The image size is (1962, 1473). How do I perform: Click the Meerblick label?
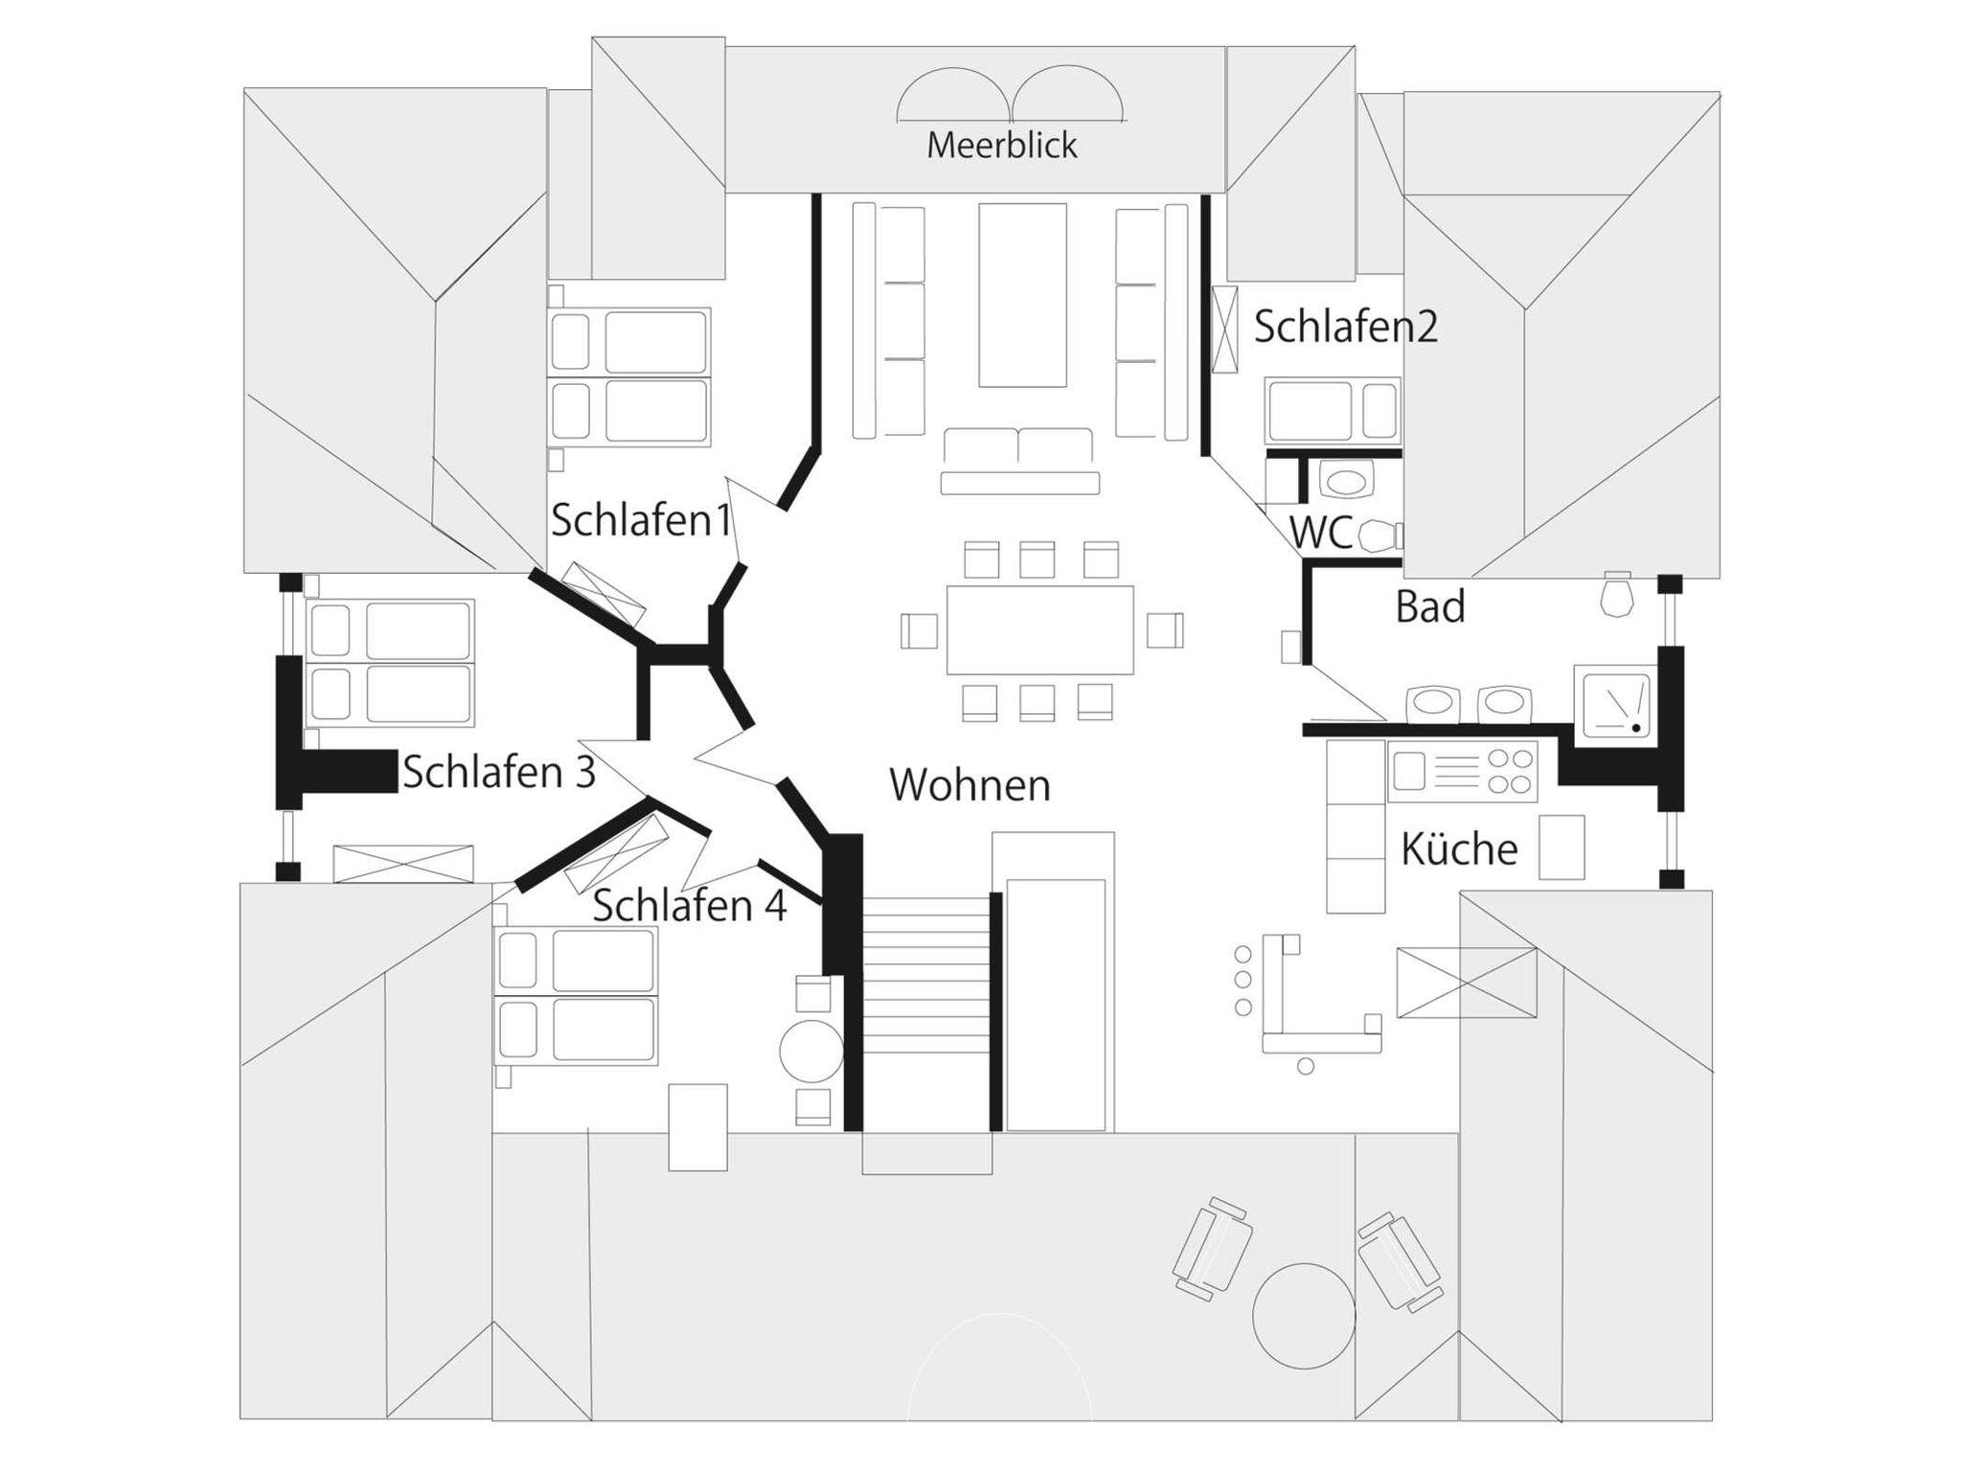point(1001,146)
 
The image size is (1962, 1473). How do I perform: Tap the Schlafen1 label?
point(640,520)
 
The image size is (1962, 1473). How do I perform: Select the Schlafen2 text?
point(1345,327)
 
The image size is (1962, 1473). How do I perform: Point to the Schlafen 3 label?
point(498,772)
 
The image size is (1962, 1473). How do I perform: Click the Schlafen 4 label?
point(689,906)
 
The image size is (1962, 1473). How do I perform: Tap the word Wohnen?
point(970,785)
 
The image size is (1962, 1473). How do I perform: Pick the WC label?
point(1320,533)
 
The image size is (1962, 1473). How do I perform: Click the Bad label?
point(1429,607)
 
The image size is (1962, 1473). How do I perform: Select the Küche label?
point(1458,850)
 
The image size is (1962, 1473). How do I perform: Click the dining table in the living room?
point(1039,630)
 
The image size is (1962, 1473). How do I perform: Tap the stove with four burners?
point(1462,771)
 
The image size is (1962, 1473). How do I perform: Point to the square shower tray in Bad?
point(1616,705)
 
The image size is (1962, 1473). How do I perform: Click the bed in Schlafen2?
point(1332,411)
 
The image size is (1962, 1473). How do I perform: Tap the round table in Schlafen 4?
point(810,1051)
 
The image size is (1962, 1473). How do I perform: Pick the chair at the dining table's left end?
point(919,630)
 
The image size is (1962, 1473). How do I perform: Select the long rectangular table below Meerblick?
point(1022,294)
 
